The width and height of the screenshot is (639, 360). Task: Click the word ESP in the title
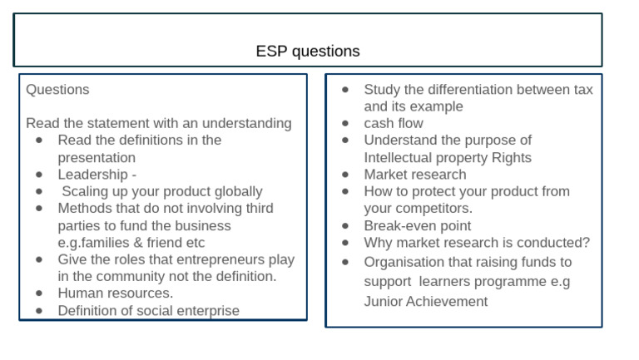[270, 52]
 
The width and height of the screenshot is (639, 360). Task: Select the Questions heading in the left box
[57, 89]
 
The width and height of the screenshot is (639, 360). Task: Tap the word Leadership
[93, 175]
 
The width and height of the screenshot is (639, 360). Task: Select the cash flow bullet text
[394, 123]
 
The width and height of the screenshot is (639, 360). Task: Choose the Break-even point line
[417, 225]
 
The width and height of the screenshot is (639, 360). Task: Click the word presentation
[97, 157]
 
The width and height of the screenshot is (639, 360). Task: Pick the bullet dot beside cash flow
[346, 123]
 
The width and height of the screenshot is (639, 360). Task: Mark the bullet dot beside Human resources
[40, 293]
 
